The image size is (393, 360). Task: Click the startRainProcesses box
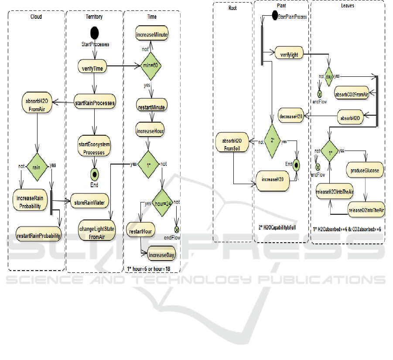point(94,103)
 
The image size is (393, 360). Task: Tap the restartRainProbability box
point(38,236)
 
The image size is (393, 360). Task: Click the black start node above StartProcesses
point(94,33)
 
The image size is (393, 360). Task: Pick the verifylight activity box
point(289,54)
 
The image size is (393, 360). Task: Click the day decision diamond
point(328,76)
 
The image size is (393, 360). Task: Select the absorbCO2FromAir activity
point(351,94)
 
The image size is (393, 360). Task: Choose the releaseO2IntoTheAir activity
point(366,210)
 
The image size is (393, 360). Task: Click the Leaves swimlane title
point(348,6)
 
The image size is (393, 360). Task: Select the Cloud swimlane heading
point(36,17)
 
